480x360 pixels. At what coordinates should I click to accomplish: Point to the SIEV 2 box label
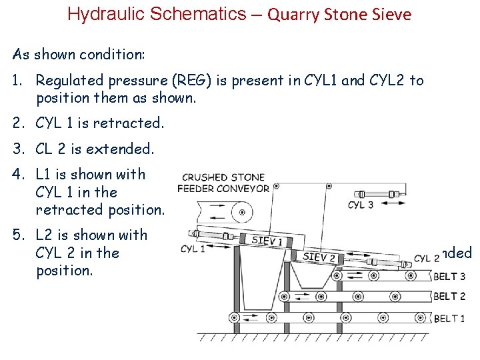click(319, 256)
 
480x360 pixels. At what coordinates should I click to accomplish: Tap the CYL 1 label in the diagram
click(193, 249)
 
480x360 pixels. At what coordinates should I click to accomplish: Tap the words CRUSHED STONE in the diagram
click(223, 177)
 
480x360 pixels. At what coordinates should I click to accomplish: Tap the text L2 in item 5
click(45, 235)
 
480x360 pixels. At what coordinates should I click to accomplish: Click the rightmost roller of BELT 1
click(420, 318)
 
